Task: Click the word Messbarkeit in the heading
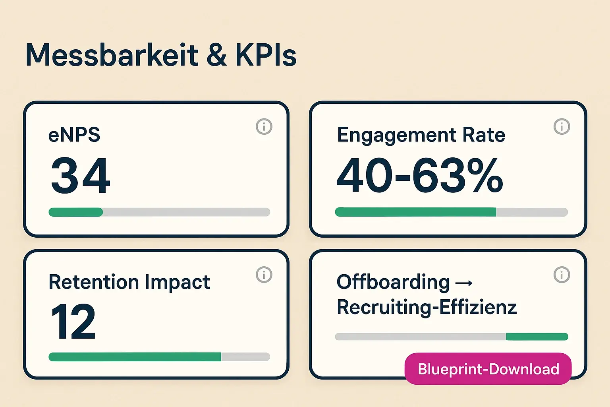[112, 55]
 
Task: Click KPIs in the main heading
[266, 55]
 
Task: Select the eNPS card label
[74, 135]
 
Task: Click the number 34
[81, 175]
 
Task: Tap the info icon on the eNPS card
[264, 127]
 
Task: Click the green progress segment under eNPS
[75, 212]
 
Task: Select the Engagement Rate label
[421, 135]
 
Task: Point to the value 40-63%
[420, 175]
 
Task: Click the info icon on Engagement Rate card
[562, 127]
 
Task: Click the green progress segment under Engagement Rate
[415, 212]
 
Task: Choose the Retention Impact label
[129, 283]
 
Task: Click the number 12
[73, 322]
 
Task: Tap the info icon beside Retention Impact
[264, 275]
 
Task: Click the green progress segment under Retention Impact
[135, 357]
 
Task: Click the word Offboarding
[393, 282]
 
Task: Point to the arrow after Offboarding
[464, 283]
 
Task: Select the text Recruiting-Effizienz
[427, 307]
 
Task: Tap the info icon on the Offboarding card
[562, 275]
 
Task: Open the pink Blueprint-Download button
[488, 369]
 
